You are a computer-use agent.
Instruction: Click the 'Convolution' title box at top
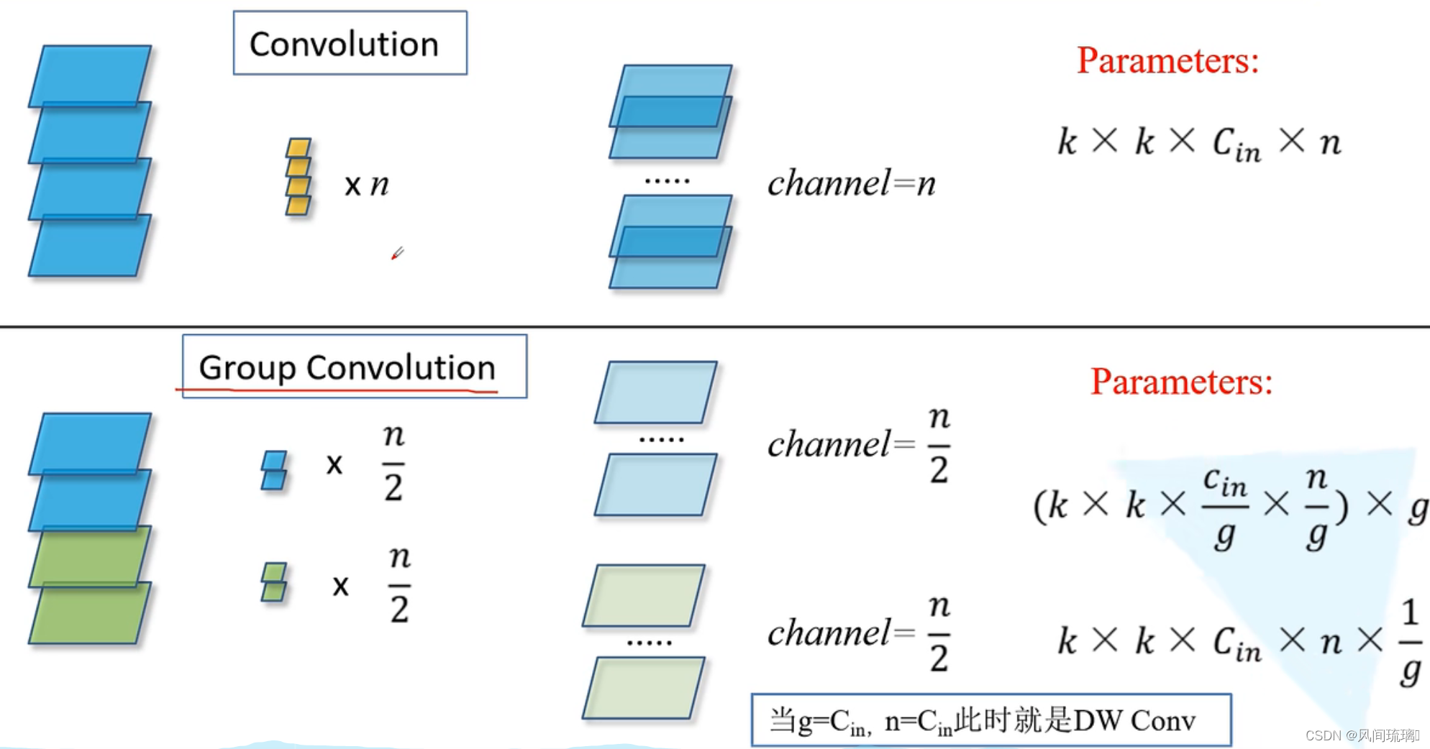pyautogui.click(x=350, y=43)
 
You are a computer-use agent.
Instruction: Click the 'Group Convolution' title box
pyautogui.click(x=354, y=367)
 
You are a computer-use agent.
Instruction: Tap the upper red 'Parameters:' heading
pyautogui.click(x=1167, y=60)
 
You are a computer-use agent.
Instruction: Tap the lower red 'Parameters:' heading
pyautogui.click(x=1181, y=382)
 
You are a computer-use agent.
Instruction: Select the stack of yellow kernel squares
pyautogui.click(x=299, y=177)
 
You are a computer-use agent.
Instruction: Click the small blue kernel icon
pyautogui.click(x=274, y=470)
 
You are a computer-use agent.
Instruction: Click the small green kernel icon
pyautogui.click(x=274, y=582)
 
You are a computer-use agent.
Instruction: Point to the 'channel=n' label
pyautogui.click(x=852, y=183)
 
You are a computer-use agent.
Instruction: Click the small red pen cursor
pyautogui.click(x=397, y=253)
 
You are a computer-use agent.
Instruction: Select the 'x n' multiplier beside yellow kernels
pyautogui.click(x=366, y=185)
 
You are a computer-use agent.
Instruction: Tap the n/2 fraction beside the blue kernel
pyautogui.click(x=393, y=462)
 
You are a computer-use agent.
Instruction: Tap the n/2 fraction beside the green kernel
pyautogui.click(x=399, y=584)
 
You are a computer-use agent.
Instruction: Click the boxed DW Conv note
pyautogui.click(x=990, y=720)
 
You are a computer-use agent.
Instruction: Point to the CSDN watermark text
pyautogui.click(x=1362, y=735)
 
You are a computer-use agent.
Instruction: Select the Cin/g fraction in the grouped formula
pyautogui.click(x=1224, y=507)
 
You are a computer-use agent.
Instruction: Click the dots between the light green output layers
pyautogui.click(x=649, y=642)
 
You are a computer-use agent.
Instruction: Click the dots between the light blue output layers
pyautogui.click(x=661, y=438)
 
